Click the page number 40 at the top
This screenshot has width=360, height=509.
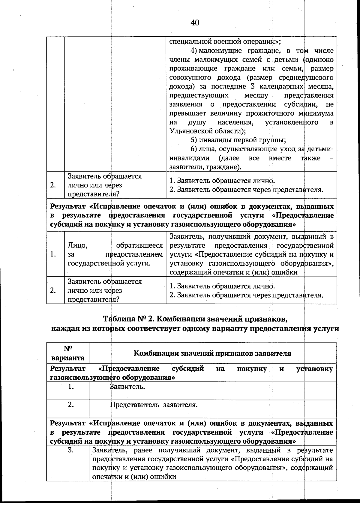tap(195, 22)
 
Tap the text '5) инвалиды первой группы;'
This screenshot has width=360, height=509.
tap(238, 140)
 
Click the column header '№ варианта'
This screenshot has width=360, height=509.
tap(68, 353)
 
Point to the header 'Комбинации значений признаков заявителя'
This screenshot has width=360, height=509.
tap(212, 353)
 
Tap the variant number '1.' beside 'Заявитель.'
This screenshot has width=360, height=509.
tap(70, 387)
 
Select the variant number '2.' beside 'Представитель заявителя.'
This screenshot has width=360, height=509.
tap(70, 405)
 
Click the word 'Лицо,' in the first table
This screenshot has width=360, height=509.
tap(77, 246)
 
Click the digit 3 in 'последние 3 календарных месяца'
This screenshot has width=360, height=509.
tap(252, 87)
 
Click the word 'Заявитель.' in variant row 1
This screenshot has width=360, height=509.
tap(128, 387)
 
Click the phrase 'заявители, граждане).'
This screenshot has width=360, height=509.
tap(205, 167)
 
